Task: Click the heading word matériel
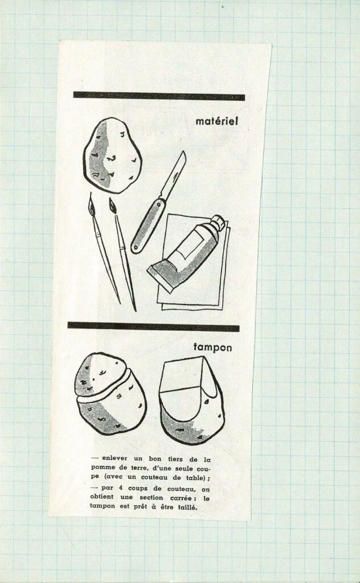[x=216, y=121]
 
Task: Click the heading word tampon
[x=212, y=348]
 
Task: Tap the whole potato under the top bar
[x=112, y=155]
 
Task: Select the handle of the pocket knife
[x=148, y=226]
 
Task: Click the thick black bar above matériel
[x=159, y=96]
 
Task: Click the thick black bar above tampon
[x=153, y=327]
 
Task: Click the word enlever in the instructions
[x=114, y=458]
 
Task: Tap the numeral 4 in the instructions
[x=121, y=488]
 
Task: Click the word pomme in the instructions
[x=102, y=468]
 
